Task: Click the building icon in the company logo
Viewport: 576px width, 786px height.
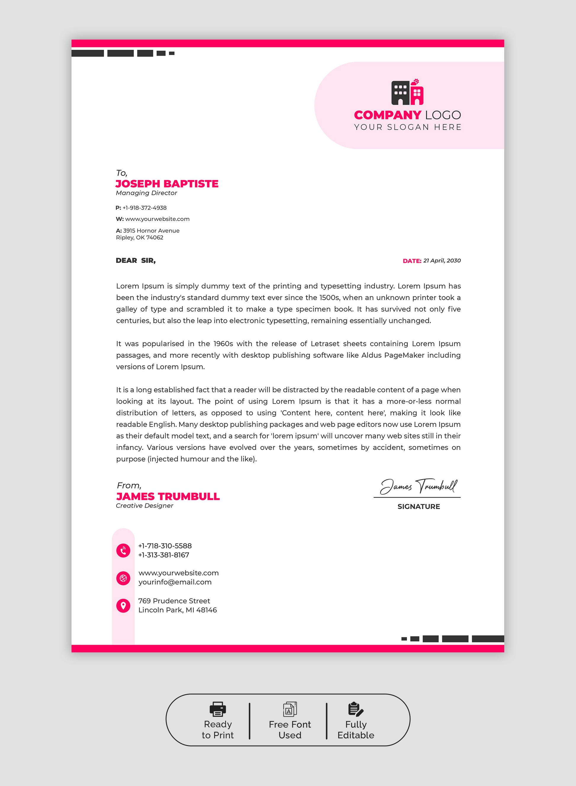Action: point(407,92)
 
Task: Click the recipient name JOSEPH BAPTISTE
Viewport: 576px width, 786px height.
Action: point(167,184)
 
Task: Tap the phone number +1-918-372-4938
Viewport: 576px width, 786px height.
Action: point(144,208)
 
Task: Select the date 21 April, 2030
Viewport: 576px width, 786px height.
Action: point(442,261)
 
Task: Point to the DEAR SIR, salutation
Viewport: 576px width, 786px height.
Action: point(136,261)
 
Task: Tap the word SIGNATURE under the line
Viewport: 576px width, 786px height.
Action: point(419,506)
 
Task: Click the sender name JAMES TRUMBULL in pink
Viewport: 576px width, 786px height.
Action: point(168,496)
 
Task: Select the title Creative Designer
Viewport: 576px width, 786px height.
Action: point(144,506)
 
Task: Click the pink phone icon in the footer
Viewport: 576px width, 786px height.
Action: point(123,551)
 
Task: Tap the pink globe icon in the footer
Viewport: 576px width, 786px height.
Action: point(123,578)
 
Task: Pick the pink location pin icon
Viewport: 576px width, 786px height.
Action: point(123,606)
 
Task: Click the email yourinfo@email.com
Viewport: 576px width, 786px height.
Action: point(175,582)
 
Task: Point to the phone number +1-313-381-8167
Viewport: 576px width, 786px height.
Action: point(163,555)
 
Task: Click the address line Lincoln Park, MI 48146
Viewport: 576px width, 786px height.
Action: point(178,610)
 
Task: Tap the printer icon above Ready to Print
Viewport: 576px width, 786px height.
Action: point(218,709)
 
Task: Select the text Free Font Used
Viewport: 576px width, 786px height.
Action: point(290,730)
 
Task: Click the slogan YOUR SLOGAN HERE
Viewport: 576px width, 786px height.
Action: point(408,127)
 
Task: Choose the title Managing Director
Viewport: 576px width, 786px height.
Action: point(147,193)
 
